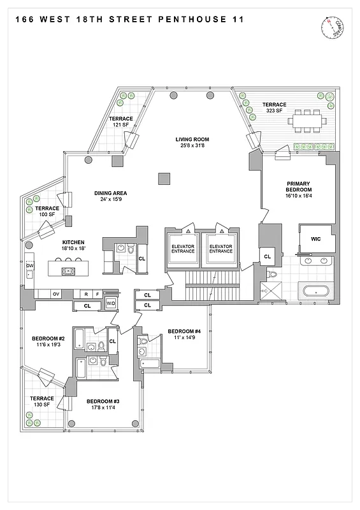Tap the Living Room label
[x=192, y=140]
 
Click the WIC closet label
[x=315, y=240]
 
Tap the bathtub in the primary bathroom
[x=317, y=292]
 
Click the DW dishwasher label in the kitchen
[x=30, y=266]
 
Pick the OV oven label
[x=55, y=294]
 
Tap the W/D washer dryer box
[x=111, y=303]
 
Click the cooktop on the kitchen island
[x=68, y=272]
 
